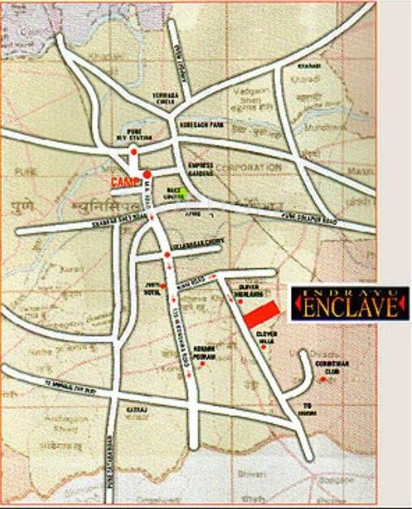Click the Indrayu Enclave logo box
(x=349, y=303)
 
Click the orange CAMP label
(x=123, y=180)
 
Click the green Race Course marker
(x=184, y=193)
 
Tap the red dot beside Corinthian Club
(x=323, y=379)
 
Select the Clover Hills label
(x=267, y=337)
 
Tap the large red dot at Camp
(x=146, y=174)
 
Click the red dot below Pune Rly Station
(x=133, y=152)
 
